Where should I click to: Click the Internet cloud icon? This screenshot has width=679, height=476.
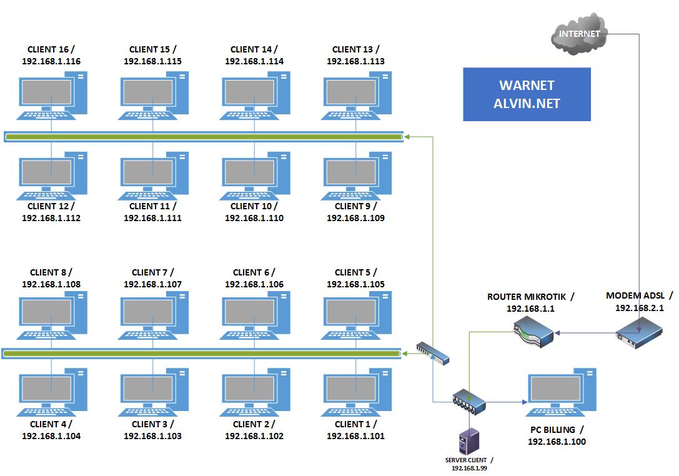tap(579, 34)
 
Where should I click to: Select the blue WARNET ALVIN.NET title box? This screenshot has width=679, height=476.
tap(527, 94)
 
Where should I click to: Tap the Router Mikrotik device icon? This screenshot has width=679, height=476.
tap(532, 333)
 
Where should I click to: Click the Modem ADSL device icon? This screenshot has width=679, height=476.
tap(638, 332)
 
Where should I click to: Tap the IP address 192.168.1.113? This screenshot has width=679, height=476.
tap(355, 61)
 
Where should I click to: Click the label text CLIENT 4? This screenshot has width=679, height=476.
tap(51, 424)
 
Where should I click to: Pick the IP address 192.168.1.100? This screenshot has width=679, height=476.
tap(557, 442)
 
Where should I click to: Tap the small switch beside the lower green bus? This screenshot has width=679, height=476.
tap(433, 353)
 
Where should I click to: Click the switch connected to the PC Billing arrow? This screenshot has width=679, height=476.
tap(469, 402)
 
